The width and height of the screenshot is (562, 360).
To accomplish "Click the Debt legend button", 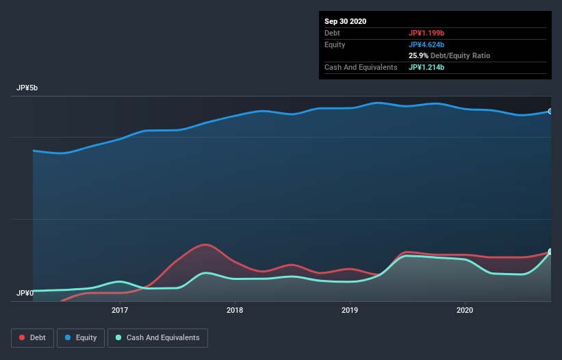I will coord(31,337).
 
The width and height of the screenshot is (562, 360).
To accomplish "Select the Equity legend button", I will coord(80,337).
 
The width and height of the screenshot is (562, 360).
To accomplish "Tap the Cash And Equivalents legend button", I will coord(157,337).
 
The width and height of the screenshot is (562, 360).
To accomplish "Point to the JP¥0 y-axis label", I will coord(25,293).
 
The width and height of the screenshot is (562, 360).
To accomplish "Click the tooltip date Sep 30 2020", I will coord(346,21).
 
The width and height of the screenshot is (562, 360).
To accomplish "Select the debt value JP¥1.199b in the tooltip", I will coord(426,33).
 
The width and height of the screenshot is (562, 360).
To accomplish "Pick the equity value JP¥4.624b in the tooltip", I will coord(426,44).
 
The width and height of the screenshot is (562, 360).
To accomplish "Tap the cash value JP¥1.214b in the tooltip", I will coord(426,67).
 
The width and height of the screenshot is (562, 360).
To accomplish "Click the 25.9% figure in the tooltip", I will coord(418,55).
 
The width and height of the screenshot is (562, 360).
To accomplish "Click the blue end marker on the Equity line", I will coord(550,111).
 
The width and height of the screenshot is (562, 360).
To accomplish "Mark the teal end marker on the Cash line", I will coord(550,252).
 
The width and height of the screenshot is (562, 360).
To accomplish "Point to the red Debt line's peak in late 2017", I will coord(204,244).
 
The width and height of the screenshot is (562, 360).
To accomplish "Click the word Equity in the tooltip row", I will coord(336,44).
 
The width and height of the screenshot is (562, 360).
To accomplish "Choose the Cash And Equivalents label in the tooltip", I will coord(361,67).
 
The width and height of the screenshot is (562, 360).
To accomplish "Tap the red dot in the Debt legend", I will coord(23,337).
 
